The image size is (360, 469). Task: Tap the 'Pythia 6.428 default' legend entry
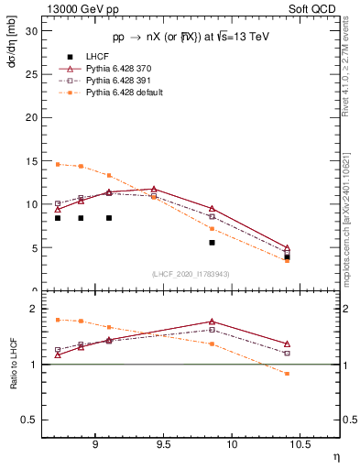click(114, 93)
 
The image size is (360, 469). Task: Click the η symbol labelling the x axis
click(336, 457)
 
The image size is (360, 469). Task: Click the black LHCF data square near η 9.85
click(212, 243)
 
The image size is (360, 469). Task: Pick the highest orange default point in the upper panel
click(58, 164)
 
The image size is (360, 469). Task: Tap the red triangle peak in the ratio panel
click(212, 322)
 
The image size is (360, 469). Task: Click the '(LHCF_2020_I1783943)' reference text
click(191, 275)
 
